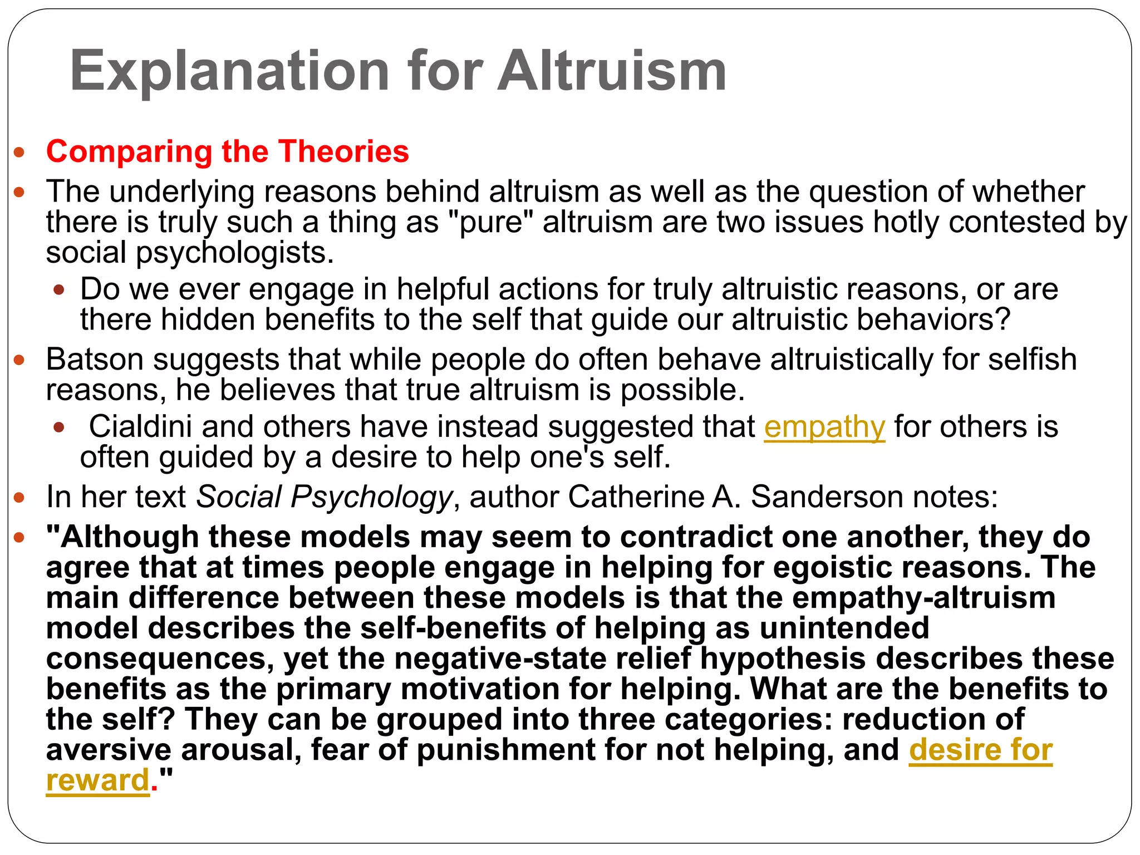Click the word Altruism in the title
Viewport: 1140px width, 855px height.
pyautogui.click(x=612, y=71)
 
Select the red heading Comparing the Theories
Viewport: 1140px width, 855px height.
pyautogui.click(x=227, y=151)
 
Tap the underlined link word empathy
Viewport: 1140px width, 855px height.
pyautogui.click(x=824, y=427)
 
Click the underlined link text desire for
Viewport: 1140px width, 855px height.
pyautogui.click(x=980, y=750)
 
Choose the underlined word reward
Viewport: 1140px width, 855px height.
pyautogui.click(x=98, y=780)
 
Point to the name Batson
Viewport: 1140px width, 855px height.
pyautogui.click(x=95, y=360)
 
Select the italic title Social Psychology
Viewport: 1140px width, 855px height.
pyautogui.click(x=325, y=497)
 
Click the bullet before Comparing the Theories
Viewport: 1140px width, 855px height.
pyautogui.click(x=19, y=153)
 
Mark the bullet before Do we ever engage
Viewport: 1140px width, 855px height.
pyautogui.click(x=59, y=290)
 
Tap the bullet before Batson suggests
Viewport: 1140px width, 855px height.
pyautogui.click(x=19, y=360)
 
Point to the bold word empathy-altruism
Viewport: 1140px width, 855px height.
pyautogui.click(x=923, y=598)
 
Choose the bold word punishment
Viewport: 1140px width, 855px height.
pyautogui.click(x=506, y=750)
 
